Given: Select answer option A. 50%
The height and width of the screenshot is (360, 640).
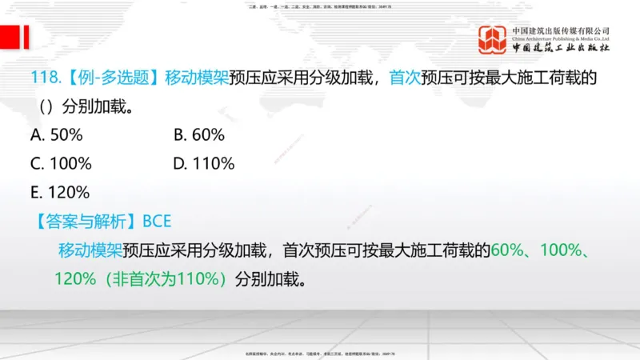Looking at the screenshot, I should point(57,134).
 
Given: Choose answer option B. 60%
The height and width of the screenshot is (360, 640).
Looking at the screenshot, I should point(199,134).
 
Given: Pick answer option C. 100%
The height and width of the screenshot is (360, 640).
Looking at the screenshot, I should point(61,164).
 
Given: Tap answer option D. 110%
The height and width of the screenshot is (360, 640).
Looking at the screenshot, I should point(204,164).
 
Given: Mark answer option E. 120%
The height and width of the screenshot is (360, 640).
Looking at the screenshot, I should point(60,192).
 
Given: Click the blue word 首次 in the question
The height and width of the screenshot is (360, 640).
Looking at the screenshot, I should point(405,78).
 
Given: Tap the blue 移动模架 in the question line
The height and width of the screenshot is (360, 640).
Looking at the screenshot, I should point(197,78).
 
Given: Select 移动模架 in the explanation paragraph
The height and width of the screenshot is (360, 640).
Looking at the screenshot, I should point(90,250).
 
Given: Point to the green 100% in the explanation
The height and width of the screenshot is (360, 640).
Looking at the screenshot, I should point(560,250).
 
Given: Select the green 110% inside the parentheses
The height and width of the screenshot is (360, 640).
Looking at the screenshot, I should point(200,279).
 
